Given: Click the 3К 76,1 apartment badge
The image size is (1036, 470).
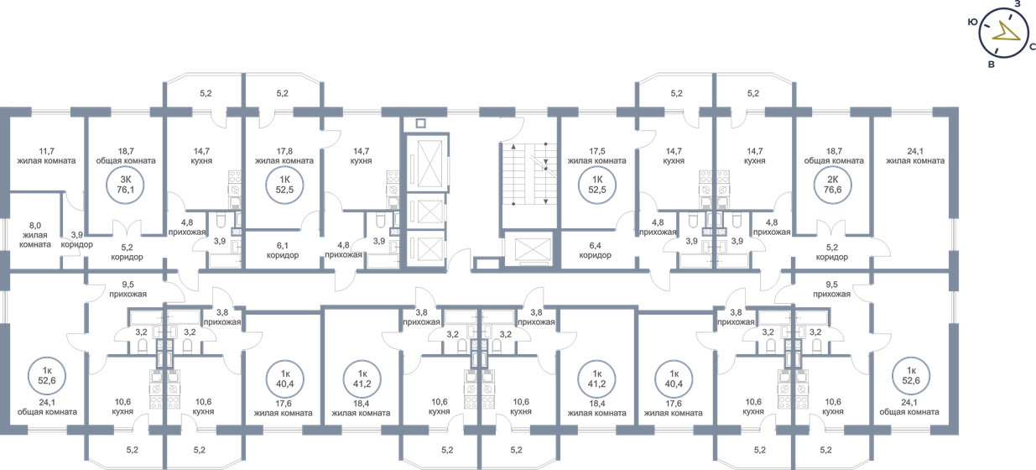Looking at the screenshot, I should coord(126,183).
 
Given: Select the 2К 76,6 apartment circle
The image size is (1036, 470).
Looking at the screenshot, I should coord(834,183).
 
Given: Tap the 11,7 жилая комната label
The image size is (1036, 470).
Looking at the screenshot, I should coord(46,155).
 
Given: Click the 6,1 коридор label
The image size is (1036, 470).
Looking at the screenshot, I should coord(283,250).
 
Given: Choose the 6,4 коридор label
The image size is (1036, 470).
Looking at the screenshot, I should coord(595,250).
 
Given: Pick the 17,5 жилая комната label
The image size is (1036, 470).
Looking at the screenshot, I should coord(596,155).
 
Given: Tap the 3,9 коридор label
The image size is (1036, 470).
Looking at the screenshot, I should coord(76,239).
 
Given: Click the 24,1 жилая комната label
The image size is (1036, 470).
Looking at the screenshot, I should coord(915,155).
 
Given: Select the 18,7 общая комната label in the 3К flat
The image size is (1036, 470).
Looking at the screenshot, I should coord(126,155).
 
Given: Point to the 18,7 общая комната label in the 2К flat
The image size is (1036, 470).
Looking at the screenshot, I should coord(834,155).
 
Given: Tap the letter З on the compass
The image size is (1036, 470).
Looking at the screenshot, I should coord(1017,4).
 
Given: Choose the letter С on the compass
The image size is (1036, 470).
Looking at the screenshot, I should coord(1032,48).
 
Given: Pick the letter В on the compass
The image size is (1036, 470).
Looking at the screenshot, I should coord(991,65).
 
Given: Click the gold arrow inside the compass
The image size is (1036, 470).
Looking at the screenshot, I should coord(1007,33).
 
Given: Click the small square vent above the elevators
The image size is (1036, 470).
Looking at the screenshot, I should coord(421,123).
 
